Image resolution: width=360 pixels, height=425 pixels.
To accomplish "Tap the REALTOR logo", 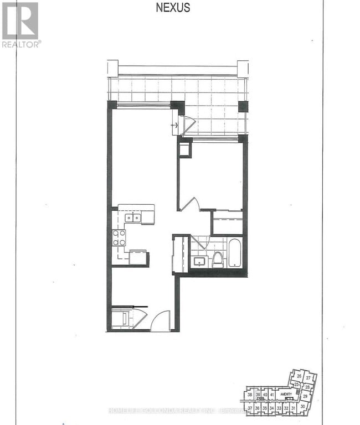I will pos(20,24).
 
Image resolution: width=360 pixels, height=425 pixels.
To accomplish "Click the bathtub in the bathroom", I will pos(234,253).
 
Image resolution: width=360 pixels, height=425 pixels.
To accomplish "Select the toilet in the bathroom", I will pos(218,258).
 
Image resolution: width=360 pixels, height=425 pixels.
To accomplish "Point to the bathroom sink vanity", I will pos(200,260).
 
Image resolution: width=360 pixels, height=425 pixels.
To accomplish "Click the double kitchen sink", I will pos(133,218).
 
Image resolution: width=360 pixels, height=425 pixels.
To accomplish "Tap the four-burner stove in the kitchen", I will pos(119,238).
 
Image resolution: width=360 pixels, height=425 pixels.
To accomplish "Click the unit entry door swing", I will pos(160,322).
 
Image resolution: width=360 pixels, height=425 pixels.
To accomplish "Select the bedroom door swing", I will pos(190,203).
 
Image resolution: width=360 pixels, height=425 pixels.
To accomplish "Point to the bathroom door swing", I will pos(199,242).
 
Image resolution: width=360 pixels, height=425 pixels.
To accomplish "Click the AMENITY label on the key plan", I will pos(286,395).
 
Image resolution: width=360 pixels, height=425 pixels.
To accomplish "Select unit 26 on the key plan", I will pos(299,377).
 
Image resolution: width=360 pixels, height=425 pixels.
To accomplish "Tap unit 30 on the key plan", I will pos(302,407).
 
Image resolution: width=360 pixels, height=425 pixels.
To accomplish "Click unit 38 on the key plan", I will pos(250,395).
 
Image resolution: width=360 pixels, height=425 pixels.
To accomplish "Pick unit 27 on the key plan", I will pos(308,378).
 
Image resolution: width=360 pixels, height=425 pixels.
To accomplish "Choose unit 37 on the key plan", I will pos(250,408).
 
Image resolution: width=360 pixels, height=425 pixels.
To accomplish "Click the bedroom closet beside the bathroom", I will pos(228,222).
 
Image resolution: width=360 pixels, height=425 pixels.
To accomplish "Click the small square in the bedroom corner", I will pos(184,150).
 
